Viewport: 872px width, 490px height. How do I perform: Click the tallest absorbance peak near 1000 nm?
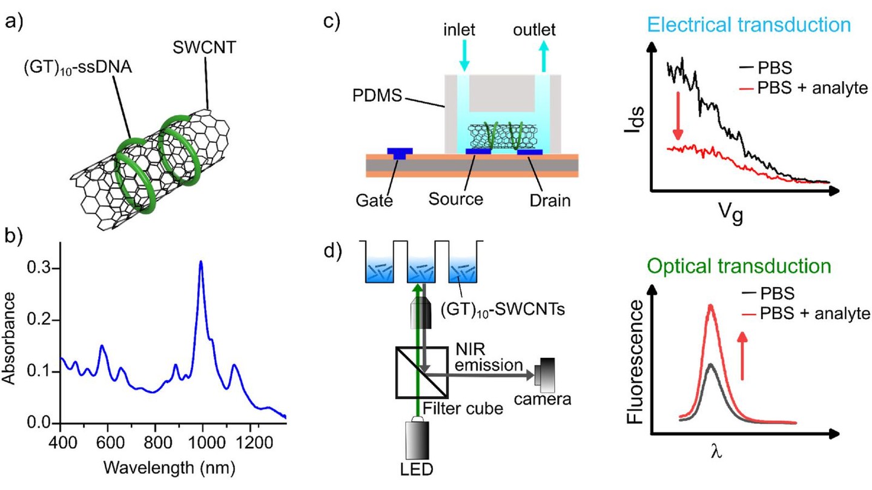201,262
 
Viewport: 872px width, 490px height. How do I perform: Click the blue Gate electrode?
400,151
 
